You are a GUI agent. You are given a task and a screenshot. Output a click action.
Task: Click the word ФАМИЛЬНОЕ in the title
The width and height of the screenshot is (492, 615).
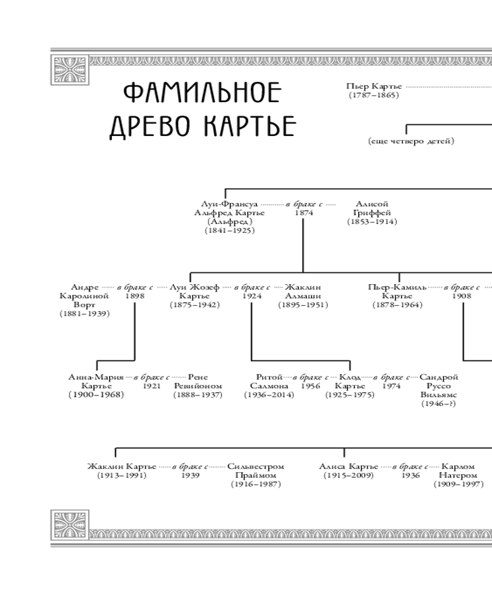pyautogui.click(x=202, y=93)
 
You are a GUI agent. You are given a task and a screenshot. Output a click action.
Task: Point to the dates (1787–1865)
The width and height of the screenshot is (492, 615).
pyautogui.click(x=374, y=95)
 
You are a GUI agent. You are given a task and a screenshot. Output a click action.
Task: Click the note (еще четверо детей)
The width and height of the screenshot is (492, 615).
pyautogui.click(x=411, y=141)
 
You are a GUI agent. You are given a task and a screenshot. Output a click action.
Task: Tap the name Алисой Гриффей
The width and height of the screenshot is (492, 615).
pyautogui.click(x=372, y=208)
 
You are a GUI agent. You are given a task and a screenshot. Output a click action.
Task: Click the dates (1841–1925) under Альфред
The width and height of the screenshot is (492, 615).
pyautogui.click(x=229, y=230)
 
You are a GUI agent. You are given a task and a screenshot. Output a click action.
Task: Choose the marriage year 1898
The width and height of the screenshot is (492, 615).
pyautogui.click(x=135, y=296)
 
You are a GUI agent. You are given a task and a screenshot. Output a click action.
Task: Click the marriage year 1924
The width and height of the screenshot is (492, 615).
pyautogui.click(x=252, y=296)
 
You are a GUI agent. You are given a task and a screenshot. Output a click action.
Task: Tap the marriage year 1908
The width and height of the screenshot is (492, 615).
pyautogui.click(x=462, y=296)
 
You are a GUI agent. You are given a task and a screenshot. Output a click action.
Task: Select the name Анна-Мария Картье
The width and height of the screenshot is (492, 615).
pyautogui.click(x=96, y=381)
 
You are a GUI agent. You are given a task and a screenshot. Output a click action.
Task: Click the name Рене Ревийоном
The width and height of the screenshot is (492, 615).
pyautogui.click(x=197, y=381)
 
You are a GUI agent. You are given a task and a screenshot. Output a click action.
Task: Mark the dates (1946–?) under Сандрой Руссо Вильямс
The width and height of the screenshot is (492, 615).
pyautogui.click(x=438, y=403)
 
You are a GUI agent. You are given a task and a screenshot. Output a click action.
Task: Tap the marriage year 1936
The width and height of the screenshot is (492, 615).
pyautogui.click(x=411, y=475)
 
